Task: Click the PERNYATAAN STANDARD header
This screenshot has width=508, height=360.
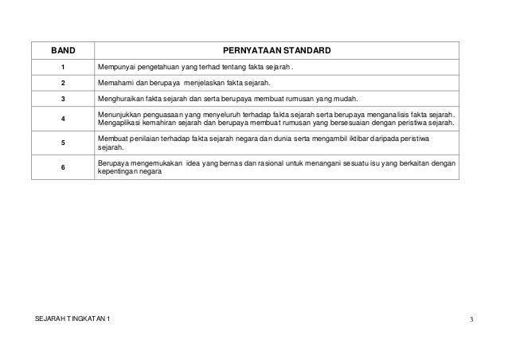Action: click(x=277, y=52)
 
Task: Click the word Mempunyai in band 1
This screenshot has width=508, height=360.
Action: click(x=114, y=66)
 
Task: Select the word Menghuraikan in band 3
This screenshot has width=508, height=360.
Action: click(x=118, y=99)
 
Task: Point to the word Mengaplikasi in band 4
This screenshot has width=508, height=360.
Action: click(x=117, y=124)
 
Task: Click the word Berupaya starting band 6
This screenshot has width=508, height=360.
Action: click(x=112, y=163)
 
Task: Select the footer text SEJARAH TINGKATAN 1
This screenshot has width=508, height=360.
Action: click(x=74, y=320)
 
